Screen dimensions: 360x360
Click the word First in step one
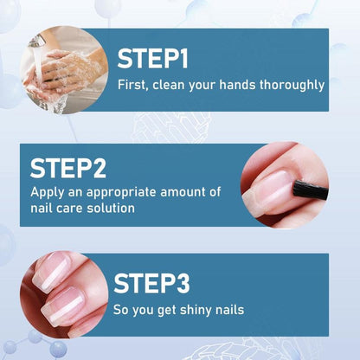click(133, 85)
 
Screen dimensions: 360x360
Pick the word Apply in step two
click(48, 192)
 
